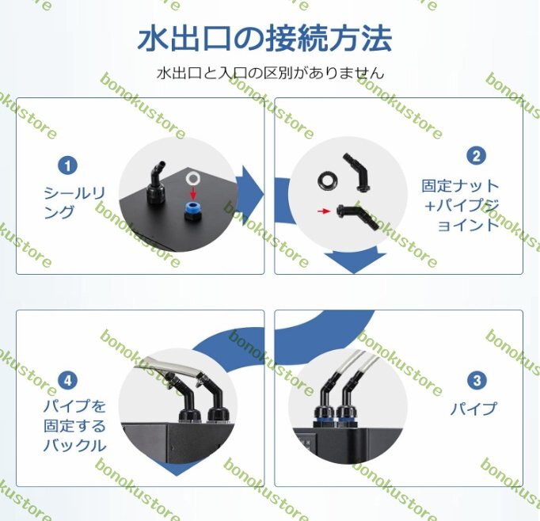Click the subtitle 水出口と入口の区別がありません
[271, 73]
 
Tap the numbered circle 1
[69, 165]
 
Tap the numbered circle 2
[476, 155]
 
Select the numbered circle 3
[476, 381]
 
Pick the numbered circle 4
[69, 381]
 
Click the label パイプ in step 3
[473, 409]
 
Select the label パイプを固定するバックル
[74, 426]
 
